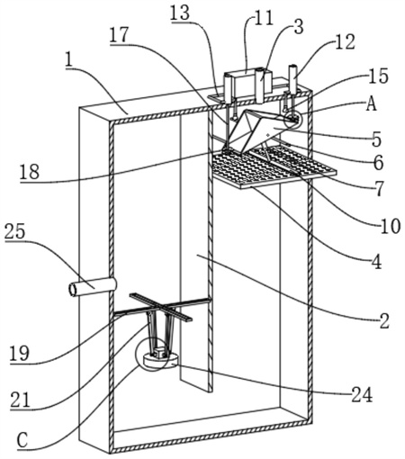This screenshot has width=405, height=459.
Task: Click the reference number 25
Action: pyautogui.click(x=14, y=232)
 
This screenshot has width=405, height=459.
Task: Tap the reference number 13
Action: pyautogui.click(x=180, y=13)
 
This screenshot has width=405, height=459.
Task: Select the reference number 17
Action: pyautogui.click(x=119, y=35)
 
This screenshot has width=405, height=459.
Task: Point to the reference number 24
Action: pyautogui.click(x=362, y=394)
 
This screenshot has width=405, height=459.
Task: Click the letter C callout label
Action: pyautogui.click(x=22, y=440)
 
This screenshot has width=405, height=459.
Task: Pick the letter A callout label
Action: pyautogui.click(x=372, y=104)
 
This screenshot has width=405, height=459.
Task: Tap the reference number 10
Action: pyautogui.click(x=391, y=226)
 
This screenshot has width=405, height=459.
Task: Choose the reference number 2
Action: pyautogui.click(x=384, y=320)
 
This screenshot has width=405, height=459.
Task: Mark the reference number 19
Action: pyautogui.click(x=20, y=353)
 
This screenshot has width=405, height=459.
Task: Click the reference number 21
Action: pyautogui.click(x=21, y=400)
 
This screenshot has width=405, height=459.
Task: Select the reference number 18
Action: pyautogui.click(x=30, y=172)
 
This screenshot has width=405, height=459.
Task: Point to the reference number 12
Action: pyautogui.click(x=345, y=41)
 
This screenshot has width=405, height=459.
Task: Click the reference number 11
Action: pyautogui.click(x=264, y=19)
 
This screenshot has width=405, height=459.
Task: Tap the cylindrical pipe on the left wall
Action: pyautogui.click(x=93, y=287)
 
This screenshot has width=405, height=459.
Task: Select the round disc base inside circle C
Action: pyautogui.click(x=161, y=359)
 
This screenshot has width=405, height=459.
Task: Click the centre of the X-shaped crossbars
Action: pyautogui.click(x=161, y=308)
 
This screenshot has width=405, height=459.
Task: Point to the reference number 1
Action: pyautogui.click(x=69, y=61)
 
